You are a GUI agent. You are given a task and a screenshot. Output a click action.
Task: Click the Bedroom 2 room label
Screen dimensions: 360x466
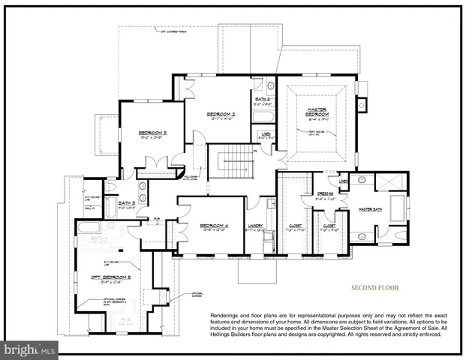pos(223,114)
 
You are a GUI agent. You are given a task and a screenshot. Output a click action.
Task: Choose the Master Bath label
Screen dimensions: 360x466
pos(371,209)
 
